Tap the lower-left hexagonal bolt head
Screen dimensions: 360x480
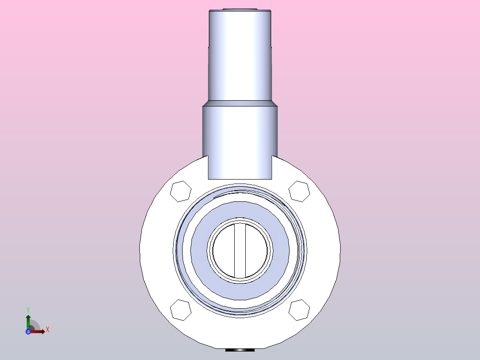coord(181,310)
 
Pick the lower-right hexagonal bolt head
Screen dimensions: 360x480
coord(299,310)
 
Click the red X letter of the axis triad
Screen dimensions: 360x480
coord(47,330)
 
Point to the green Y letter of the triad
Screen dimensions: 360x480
coord(28,309)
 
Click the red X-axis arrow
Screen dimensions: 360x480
coord(39,331)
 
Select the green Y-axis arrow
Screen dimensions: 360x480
coord(28,320)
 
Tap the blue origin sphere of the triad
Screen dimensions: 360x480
coord(28,331)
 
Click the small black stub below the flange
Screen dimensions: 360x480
coord(240,350)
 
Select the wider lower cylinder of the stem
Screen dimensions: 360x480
coord(240,138)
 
